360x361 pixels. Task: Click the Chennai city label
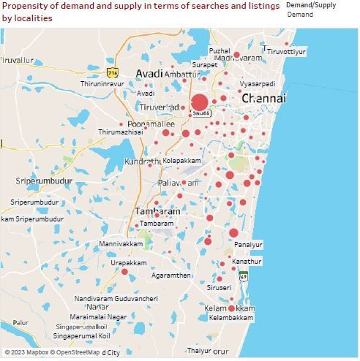pyautogui.click(x=263, y=98)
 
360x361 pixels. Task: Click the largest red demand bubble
pyautogui.click(x=200, y=102)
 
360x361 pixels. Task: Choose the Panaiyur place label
pyautogui.click(x=248, y=245)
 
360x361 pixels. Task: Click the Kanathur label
pyautogui.click(x=247, y=261)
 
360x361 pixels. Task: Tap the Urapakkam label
pyautogui.click(x=129, y=262)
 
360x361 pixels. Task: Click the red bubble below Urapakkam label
pyautogui.click(x=124, y=272)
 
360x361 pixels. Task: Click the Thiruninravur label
pyautogui.click(x=102, y=84)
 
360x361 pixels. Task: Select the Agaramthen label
pyautogui.click(x=170, y=275)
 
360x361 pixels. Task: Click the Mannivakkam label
pyautogui.click(x=121, y=243)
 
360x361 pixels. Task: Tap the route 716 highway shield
pyautogui.click(x=112, y=73)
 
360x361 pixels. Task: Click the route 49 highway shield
pyautogui.click(x=243, y=275)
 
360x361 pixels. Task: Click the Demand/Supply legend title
pyautogui.click(x=311, y=5)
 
